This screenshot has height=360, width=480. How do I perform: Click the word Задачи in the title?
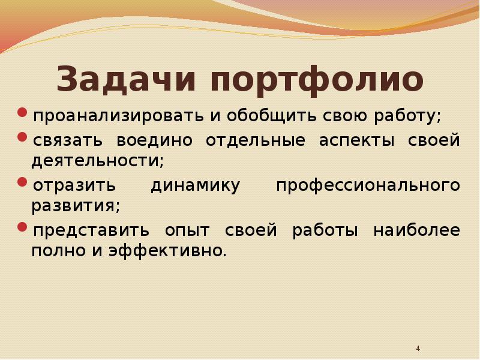127,80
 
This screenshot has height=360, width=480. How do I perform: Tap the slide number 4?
418,349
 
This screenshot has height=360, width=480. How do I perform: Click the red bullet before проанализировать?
22,112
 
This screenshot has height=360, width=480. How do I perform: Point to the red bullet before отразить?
22,182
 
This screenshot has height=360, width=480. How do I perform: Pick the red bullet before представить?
22,227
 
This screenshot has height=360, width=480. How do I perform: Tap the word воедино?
155,141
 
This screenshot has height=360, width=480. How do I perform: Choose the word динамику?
195,186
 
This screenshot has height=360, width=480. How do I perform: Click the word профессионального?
368,186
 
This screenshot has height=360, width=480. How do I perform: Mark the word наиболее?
416,231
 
